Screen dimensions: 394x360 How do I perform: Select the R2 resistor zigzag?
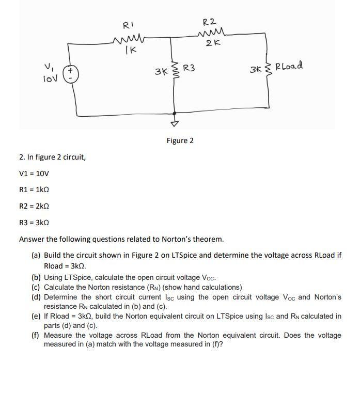[210, 35]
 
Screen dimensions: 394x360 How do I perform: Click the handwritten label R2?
[209, 21]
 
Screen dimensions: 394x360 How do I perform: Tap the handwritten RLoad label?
[289, 67]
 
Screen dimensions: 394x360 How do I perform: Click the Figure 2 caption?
[180, 140]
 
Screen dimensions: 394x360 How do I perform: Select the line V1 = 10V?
[34, 174]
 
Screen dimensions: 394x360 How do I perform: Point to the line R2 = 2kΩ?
[35, 206]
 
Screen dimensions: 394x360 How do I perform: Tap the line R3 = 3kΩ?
[35, 223]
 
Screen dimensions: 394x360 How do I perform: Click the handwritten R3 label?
[189, 68]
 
